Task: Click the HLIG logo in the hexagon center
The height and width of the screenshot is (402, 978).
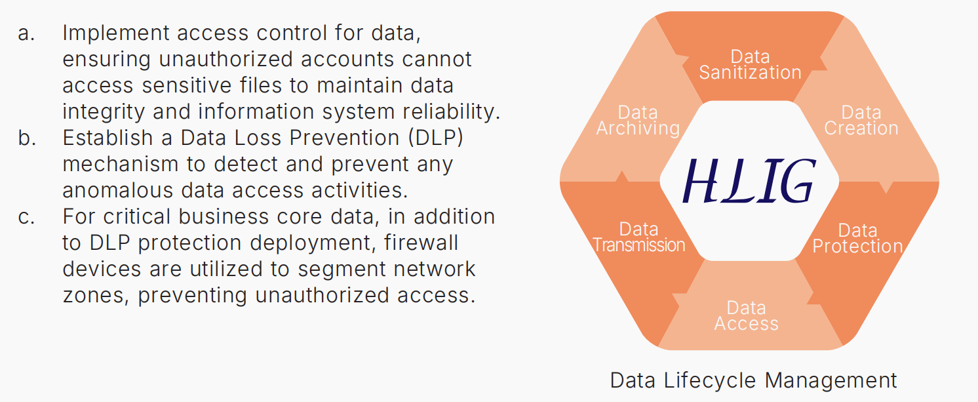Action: (x=749, y=181)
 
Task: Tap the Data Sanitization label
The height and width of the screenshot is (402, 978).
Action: (x=750, y=65)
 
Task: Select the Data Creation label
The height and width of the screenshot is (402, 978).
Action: (x=861, y=121)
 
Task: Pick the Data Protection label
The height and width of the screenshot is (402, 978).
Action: (x=857, y=239)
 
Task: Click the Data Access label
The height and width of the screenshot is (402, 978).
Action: (x=746, y=316)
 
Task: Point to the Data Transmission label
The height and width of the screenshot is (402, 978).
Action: (x=638, y=237)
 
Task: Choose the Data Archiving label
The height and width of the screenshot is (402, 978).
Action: (x=638, y=121)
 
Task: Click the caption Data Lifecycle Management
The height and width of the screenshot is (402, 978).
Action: (x=753, y=380)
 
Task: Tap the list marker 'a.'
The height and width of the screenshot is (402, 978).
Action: (x=26, y=33)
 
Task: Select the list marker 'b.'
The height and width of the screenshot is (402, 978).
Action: (x=27, y=138)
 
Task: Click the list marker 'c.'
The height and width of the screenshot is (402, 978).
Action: (x=26, y=217)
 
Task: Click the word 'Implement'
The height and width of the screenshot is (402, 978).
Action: (x=116, y=33)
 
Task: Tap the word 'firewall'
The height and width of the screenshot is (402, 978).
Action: (x=421, y=243)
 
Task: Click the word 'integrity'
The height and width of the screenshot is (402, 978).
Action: (x=104, y=112)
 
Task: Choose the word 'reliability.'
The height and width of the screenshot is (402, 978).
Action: (x=452, y=112)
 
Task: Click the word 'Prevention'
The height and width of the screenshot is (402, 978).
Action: (x=344, y=138)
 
